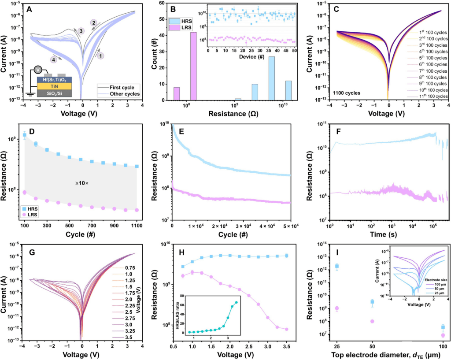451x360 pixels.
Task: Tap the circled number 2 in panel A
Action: [93, 22]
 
